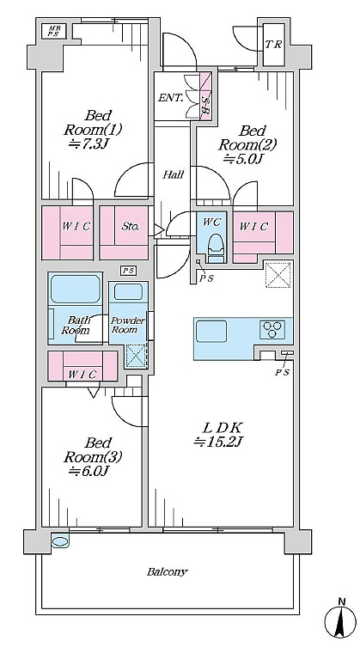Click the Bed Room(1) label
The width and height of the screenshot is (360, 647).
coord(93,123)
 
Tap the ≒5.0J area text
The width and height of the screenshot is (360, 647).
coord(243,159)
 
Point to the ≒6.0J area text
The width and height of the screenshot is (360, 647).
coord(88,470)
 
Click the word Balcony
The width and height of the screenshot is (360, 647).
coord(168,572)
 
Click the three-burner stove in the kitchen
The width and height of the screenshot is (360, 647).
coord(272,329)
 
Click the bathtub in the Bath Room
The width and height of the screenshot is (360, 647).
coord(75,289)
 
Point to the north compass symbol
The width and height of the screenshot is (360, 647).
coord(340,621)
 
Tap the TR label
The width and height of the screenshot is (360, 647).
coord(273,45)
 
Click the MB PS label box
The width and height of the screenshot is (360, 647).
coord(53,31)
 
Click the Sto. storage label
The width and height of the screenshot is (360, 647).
coord(130,227)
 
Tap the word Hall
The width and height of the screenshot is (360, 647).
coord(173,174)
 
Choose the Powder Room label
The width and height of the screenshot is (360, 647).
coord(128,325)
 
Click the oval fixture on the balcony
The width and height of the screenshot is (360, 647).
coord(60,541)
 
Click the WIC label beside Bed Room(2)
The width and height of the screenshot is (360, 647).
coord(253,226)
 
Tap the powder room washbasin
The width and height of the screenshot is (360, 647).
coord(128,292)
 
